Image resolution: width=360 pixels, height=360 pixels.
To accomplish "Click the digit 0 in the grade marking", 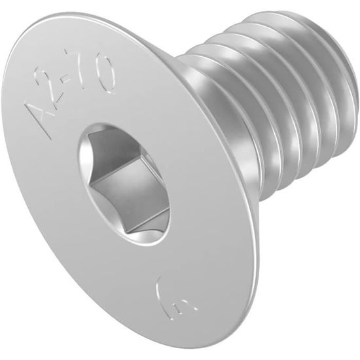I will click(106, 73).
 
